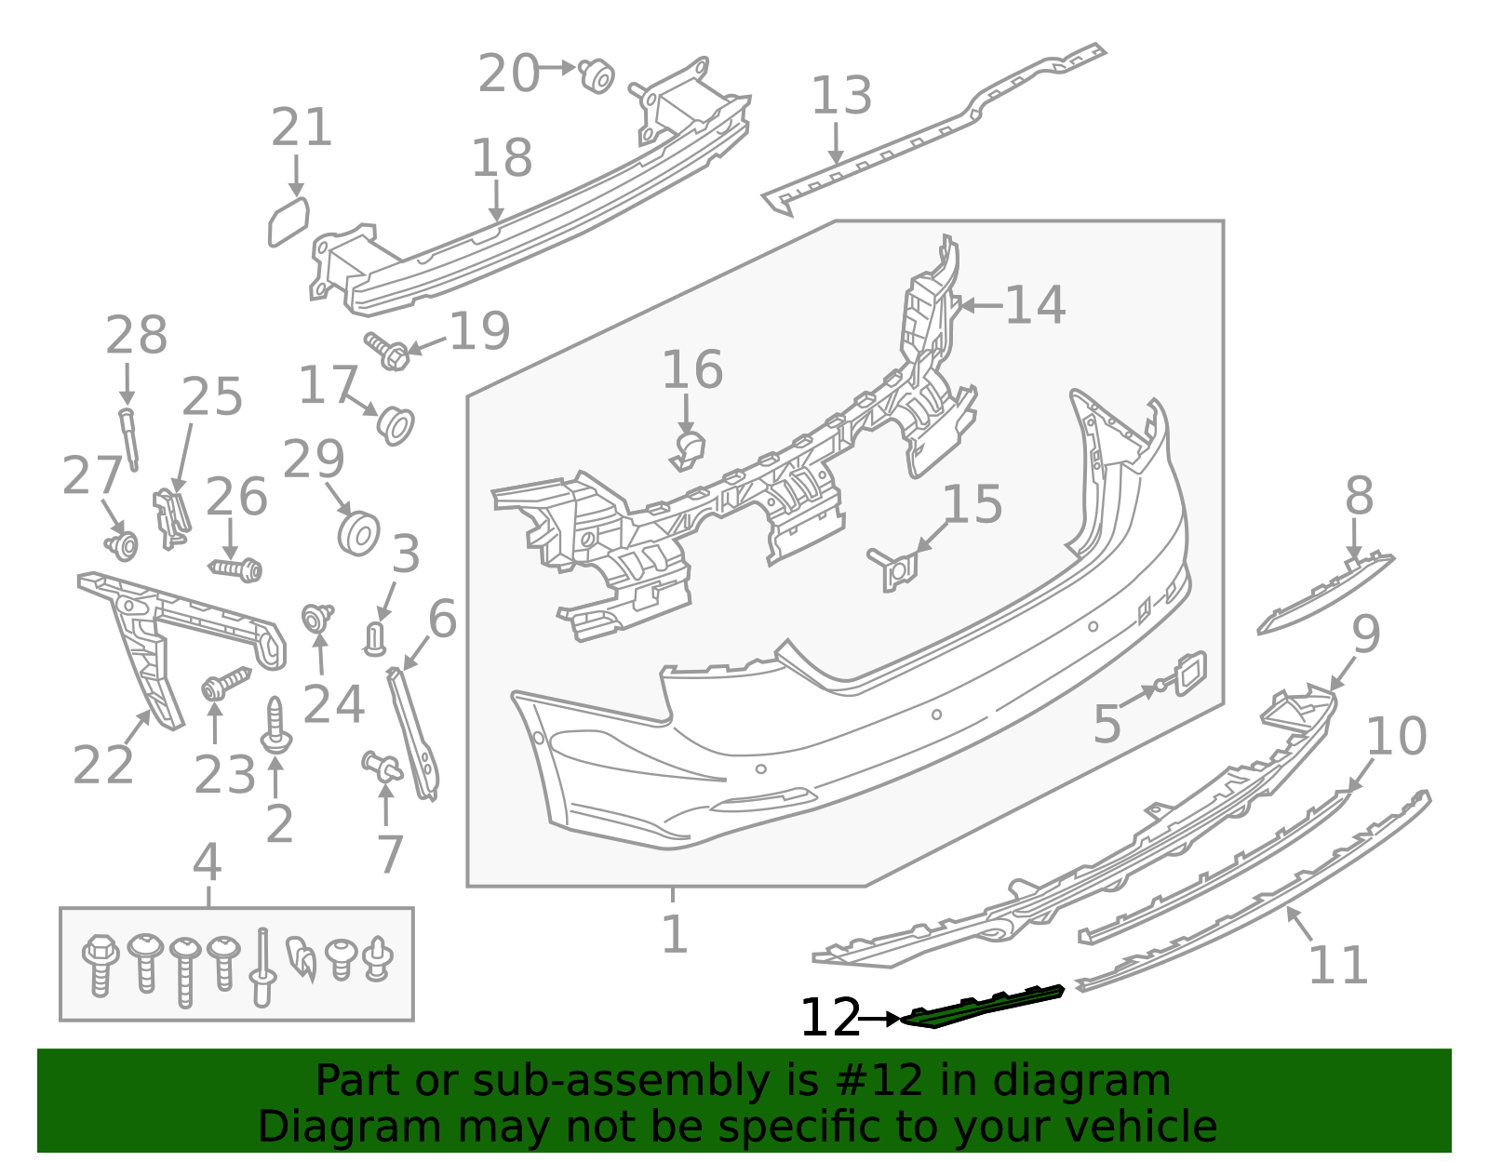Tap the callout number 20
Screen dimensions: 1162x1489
coord(508,73)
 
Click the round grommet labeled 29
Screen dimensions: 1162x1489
coord(357,533)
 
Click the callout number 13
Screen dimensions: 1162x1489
coord(841,96)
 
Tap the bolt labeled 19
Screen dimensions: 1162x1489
coord(389,351)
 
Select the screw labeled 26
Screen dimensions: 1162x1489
coord(236,567)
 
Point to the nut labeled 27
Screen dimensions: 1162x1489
coord(123,544)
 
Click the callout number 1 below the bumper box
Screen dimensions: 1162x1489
coord(674,935)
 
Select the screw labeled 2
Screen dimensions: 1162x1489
coord(276,727)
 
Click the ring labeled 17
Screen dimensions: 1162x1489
coord(396,425)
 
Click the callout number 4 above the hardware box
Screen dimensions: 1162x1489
coord(207,863)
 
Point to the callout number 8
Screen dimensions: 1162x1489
coord(1359,497)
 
